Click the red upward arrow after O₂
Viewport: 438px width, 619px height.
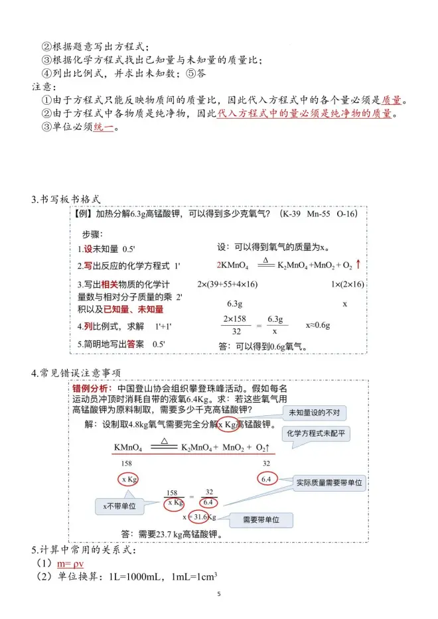tap(358, 264)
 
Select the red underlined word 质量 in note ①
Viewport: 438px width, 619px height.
tap(392, 100)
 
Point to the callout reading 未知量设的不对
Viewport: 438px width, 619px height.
tap(315, 413)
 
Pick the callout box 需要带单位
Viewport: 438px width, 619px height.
tap(263, 519)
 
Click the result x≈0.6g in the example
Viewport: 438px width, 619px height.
tap(318, 326)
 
